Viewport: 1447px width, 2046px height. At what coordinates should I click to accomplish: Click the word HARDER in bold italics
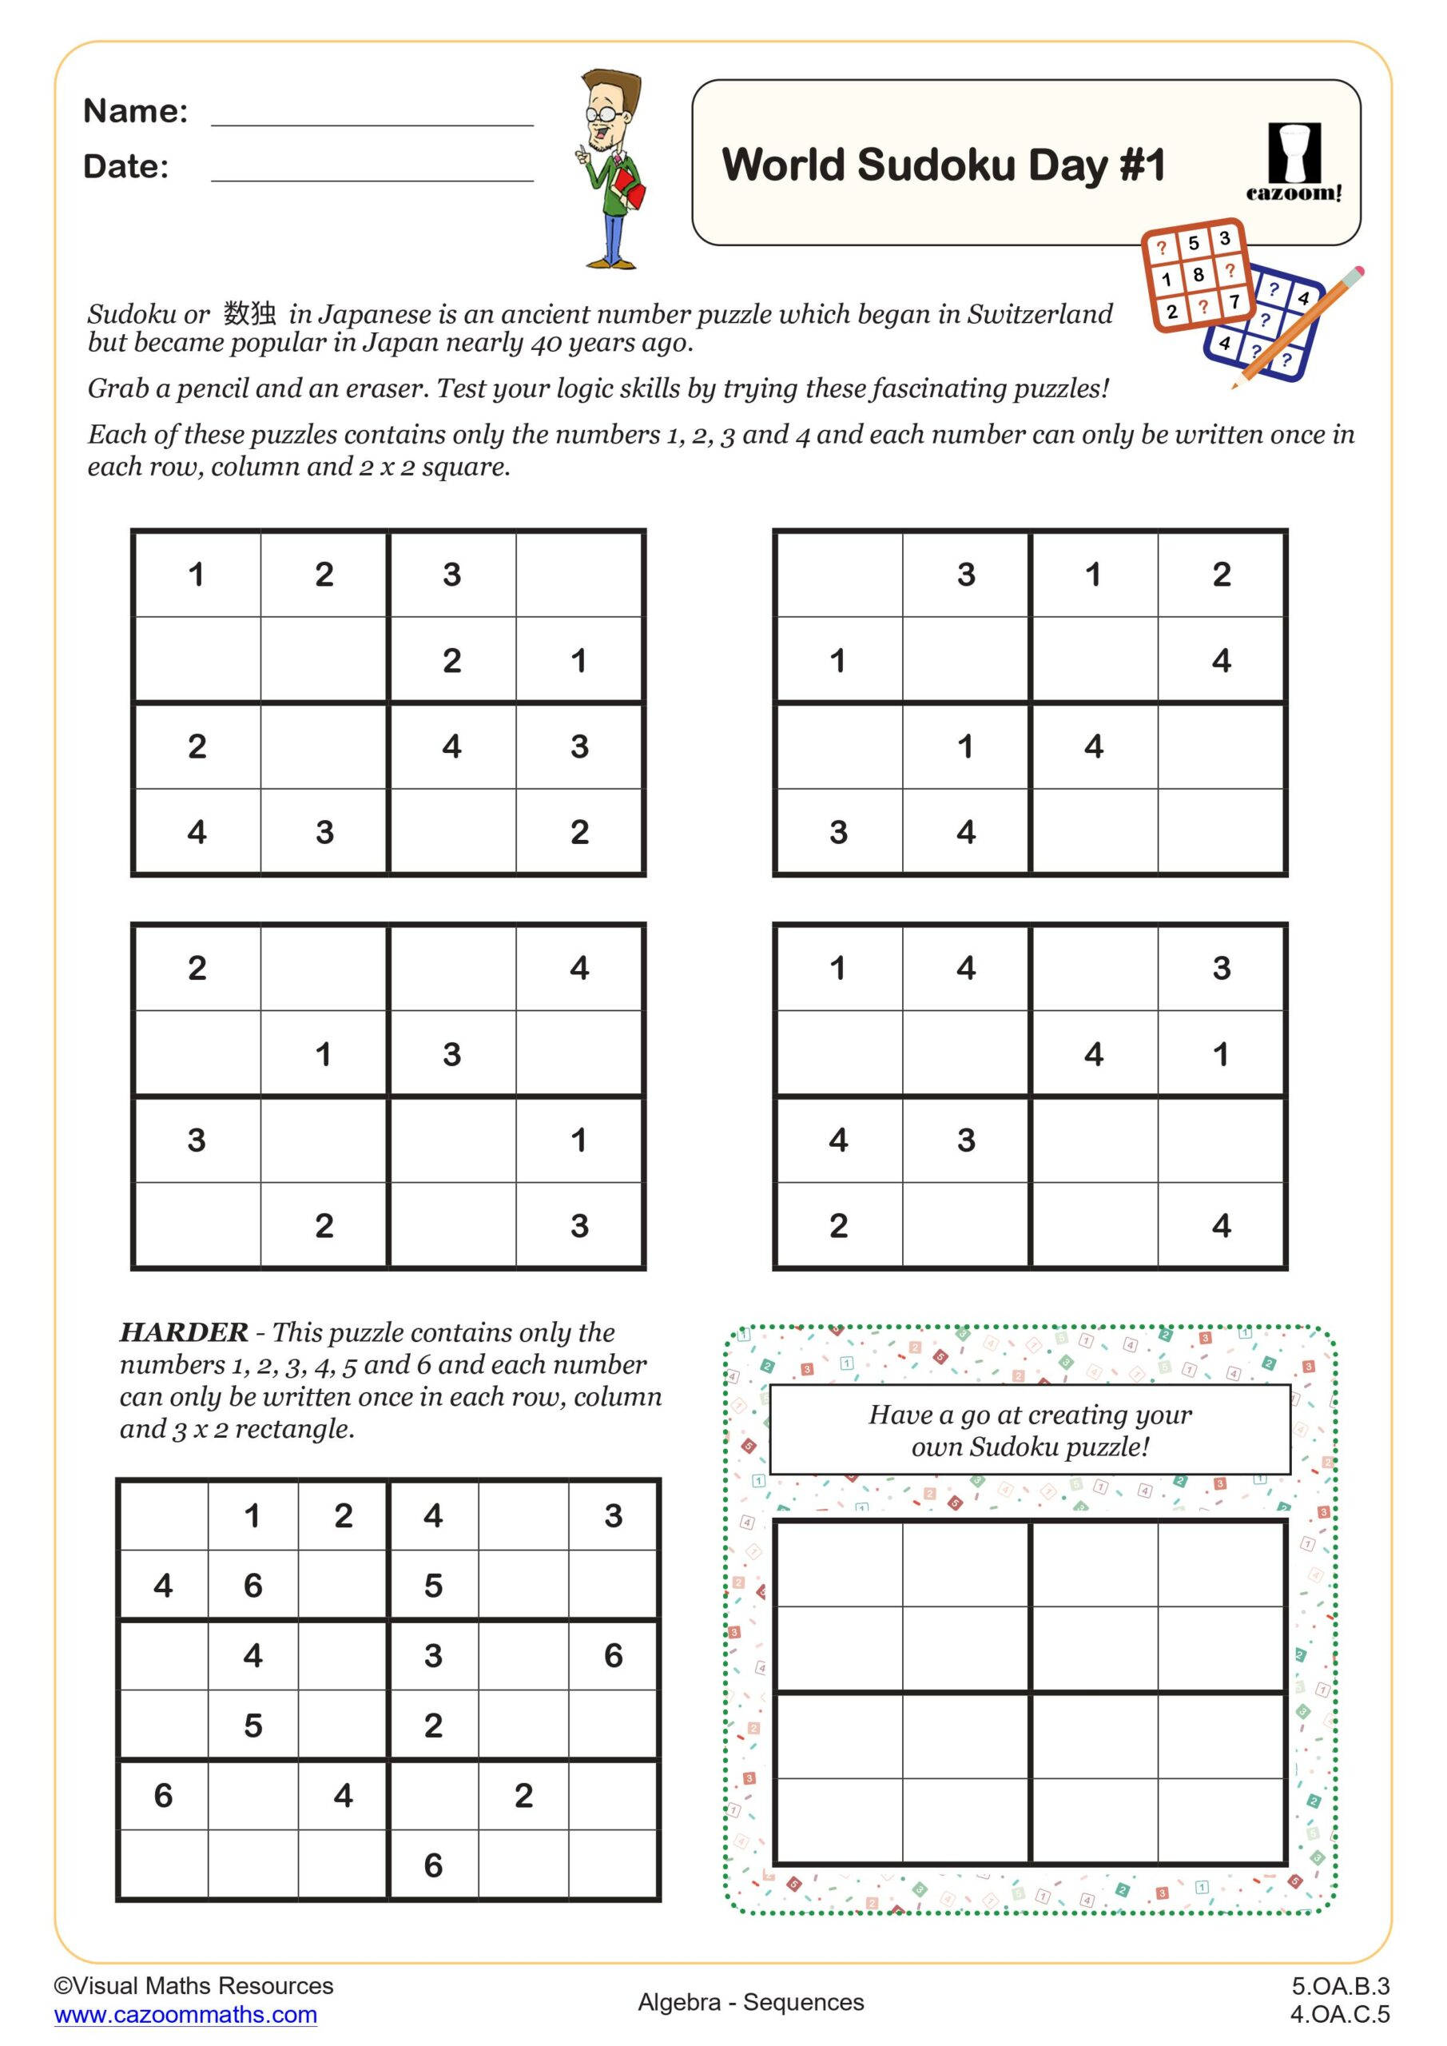click(x=184, y=1332)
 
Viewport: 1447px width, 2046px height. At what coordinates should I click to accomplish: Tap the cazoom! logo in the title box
click(x=1293, y=163)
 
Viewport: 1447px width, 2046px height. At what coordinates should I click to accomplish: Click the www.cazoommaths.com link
click(x=185, y=2015)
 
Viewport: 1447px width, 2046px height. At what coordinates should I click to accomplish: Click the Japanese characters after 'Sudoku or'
click(x=249, y=312)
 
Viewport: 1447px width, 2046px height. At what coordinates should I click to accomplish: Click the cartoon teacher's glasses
click(x=603, y=114)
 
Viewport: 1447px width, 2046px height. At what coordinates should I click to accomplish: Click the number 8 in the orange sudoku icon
click(x=1199, y=274)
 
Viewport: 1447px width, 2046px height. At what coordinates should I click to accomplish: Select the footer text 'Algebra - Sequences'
click(x=750, y=2002)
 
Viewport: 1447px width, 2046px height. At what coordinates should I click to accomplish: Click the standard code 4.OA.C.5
click(x=1340, y=2014)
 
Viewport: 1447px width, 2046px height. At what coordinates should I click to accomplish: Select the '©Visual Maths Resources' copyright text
click(x=193, y=1985)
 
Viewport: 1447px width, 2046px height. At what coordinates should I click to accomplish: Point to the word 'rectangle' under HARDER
click(x=289, y=1428)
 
